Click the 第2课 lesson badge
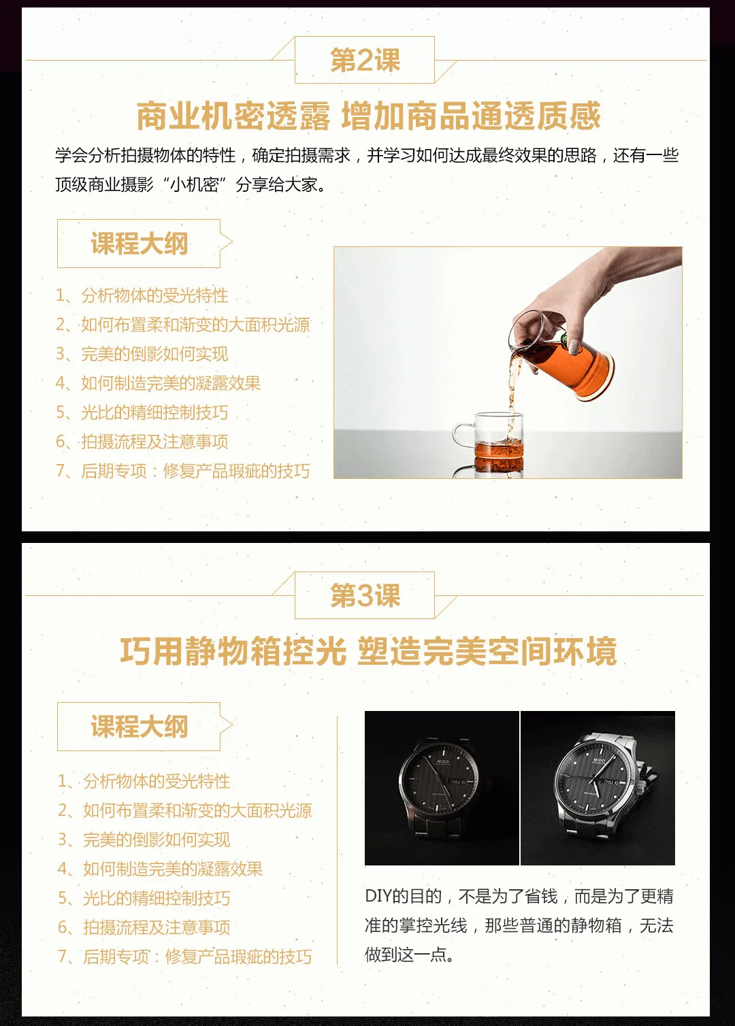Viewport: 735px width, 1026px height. click(x=365, y=60)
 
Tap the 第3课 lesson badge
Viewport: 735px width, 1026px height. click(x=365, y=595)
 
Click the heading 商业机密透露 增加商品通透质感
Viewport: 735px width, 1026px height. click(x=368, y=116)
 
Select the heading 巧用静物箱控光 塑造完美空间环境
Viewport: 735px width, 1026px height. click(x=368, y=651)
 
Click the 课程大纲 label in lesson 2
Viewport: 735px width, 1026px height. click(x=140, y=243)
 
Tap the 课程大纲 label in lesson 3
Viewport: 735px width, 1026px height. click(x=140, y=727)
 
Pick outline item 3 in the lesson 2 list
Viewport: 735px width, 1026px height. click(x=142, y=354)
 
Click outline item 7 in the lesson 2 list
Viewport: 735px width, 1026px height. click(x=183, y=471)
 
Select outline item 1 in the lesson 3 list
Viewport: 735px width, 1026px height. click(x=144, y=781)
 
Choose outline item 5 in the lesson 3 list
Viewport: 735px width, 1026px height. click(x=144, y=898)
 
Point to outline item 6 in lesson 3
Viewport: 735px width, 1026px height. click(x=144, y=927)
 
